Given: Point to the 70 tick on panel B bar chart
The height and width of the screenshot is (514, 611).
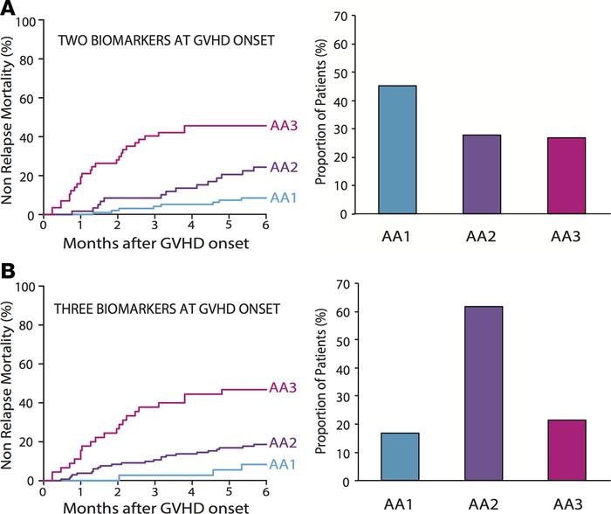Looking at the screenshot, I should (347, 285).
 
